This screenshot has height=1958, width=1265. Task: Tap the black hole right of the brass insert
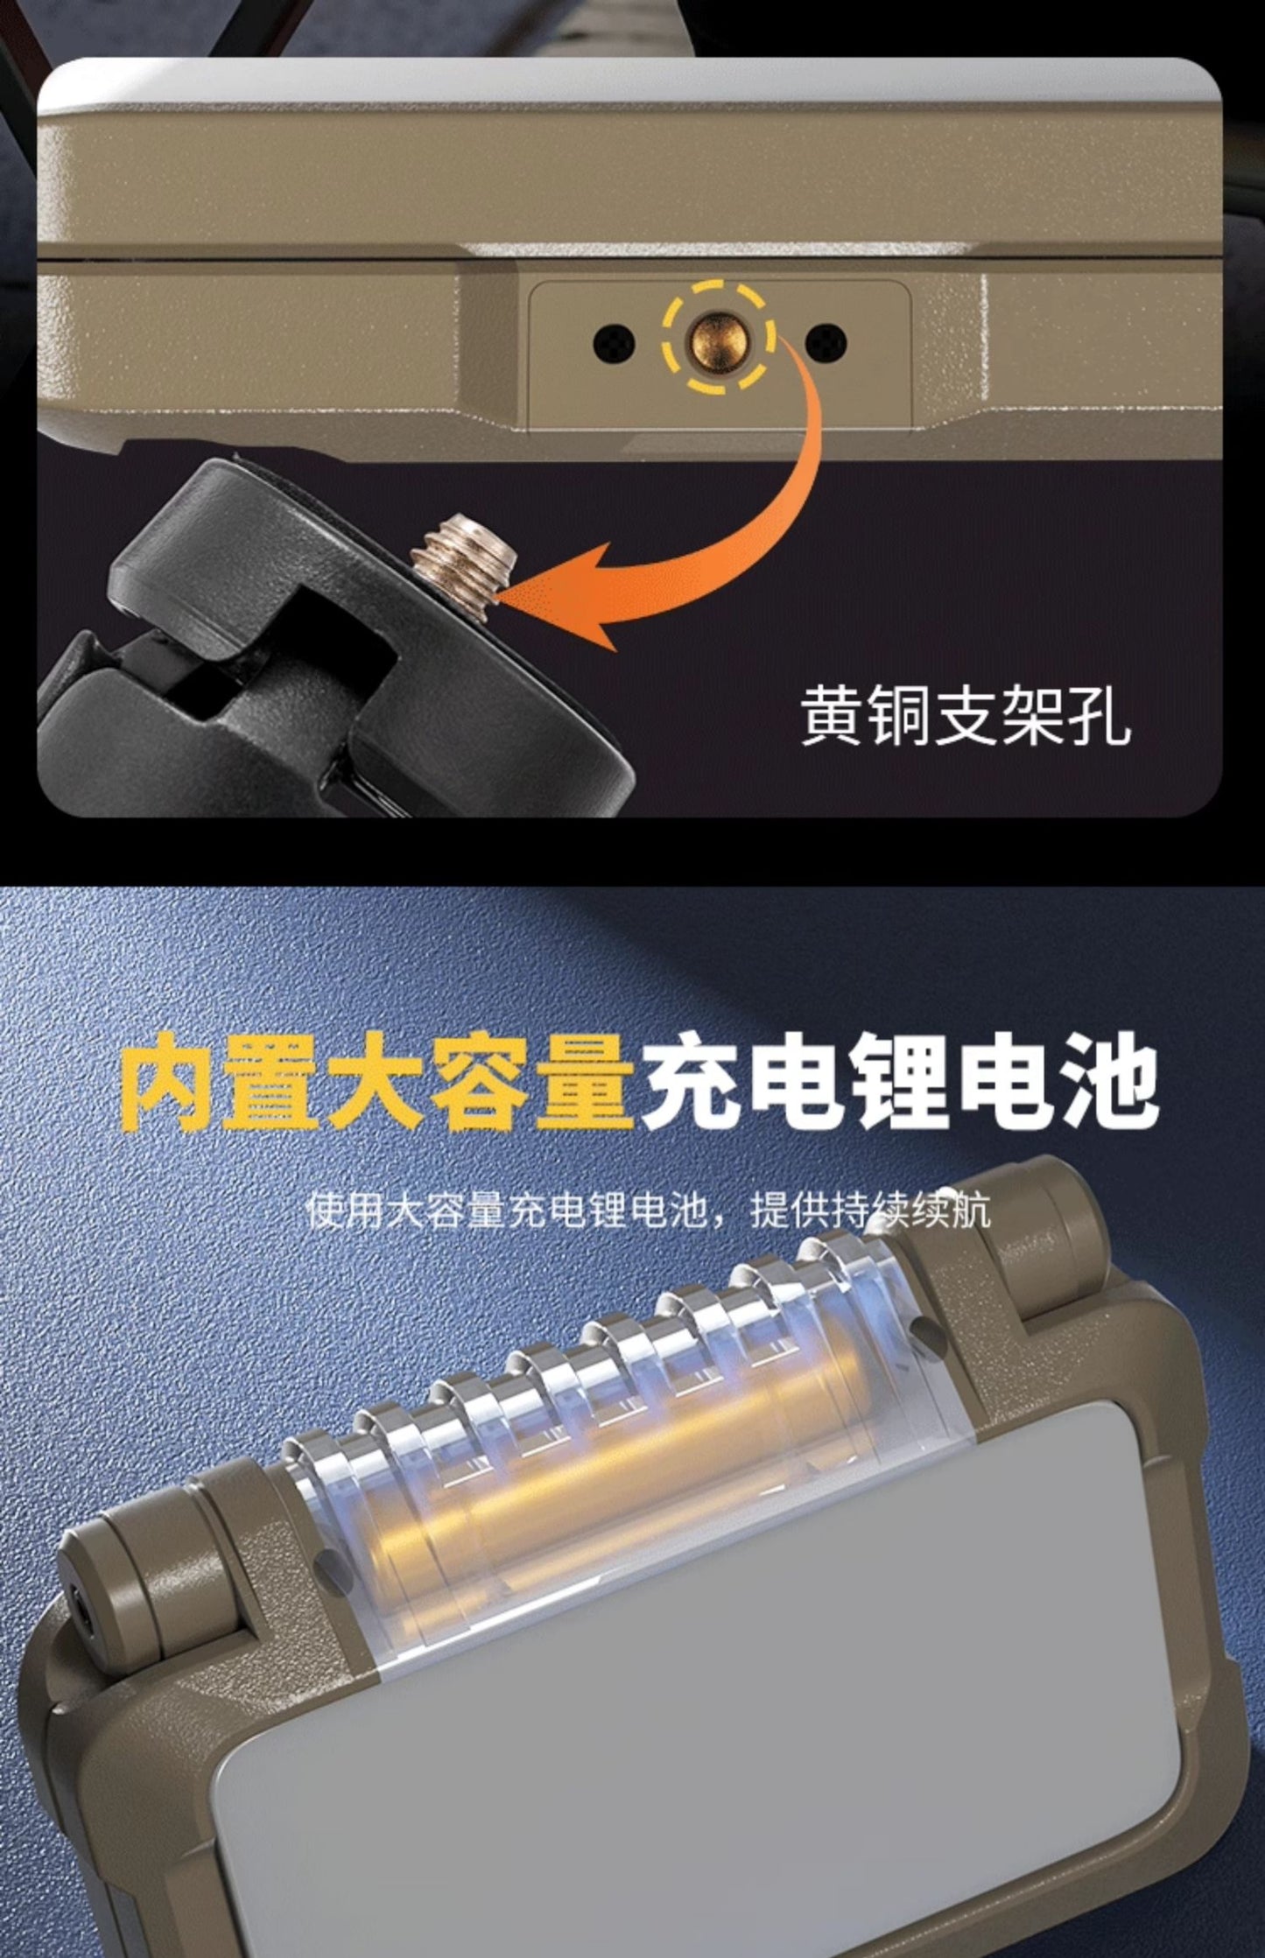point(825,342)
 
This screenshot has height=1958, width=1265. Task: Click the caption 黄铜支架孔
point(965,716)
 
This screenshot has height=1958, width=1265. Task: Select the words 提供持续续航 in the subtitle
point(870,1211)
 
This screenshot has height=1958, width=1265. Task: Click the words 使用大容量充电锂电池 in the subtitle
point(508,1211)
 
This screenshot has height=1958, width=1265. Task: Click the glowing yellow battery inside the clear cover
point(613,1470)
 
